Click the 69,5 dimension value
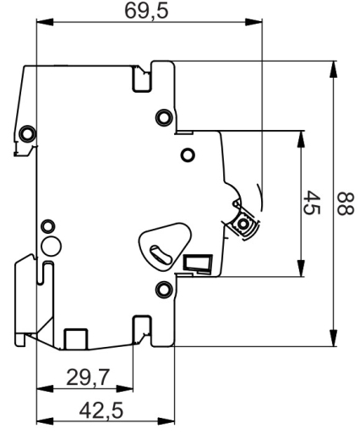point(146,12)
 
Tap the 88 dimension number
point(345,204)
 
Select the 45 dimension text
point(312,203)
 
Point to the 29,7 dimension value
point(88,377)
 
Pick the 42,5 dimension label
point(101,410)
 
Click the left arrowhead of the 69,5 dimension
point(45,22)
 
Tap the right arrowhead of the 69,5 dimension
point(254,22)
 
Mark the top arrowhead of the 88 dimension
point(334,69)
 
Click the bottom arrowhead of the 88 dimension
point(334,338)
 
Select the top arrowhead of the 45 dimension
point(301,139)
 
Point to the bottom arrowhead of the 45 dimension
point(301,268)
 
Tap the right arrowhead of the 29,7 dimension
point(125,389)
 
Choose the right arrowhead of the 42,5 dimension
point(166,421)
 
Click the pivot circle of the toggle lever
point(243,225)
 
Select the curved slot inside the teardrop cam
point(161,254)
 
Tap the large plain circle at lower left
point(51,246)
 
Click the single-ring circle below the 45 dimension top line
point(188,154)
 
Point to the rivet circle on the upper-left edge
point(27,133)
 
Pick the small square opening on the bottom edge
point(76,339)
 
